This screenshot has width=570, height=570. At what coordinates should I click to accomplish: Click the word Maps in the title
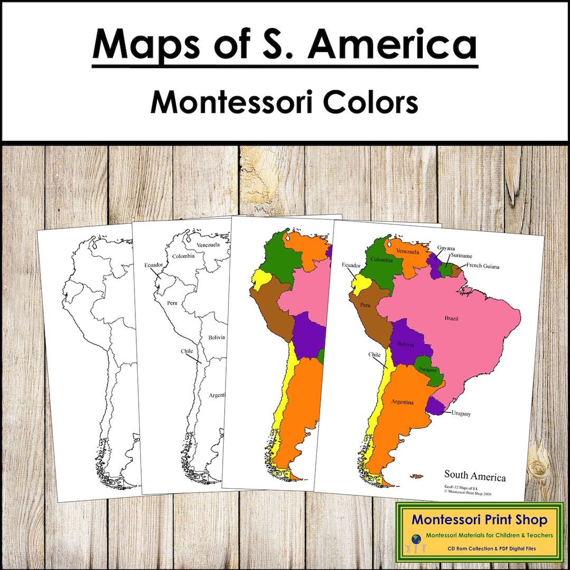coord(138,44)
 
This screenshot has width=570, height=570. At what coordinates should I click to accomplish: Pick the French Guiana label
coord(482,267)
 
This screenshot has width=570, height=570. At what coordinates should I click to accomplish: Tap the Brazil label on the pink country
coord(451,318)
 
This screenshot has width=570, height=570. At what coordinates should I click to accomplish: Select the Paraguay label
coord(428,369)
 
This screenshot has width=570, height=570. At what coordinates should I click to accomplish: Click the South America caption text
coord(474,476)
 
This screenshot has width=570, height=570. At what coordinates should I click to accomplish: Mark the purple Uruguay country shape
coord(435,405)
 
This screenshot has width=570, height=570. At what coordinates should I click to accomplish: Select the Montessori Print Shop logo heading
coord(479,520)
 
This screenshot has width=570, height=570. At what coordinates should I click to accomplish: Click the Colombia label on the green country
coord(382,260)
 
